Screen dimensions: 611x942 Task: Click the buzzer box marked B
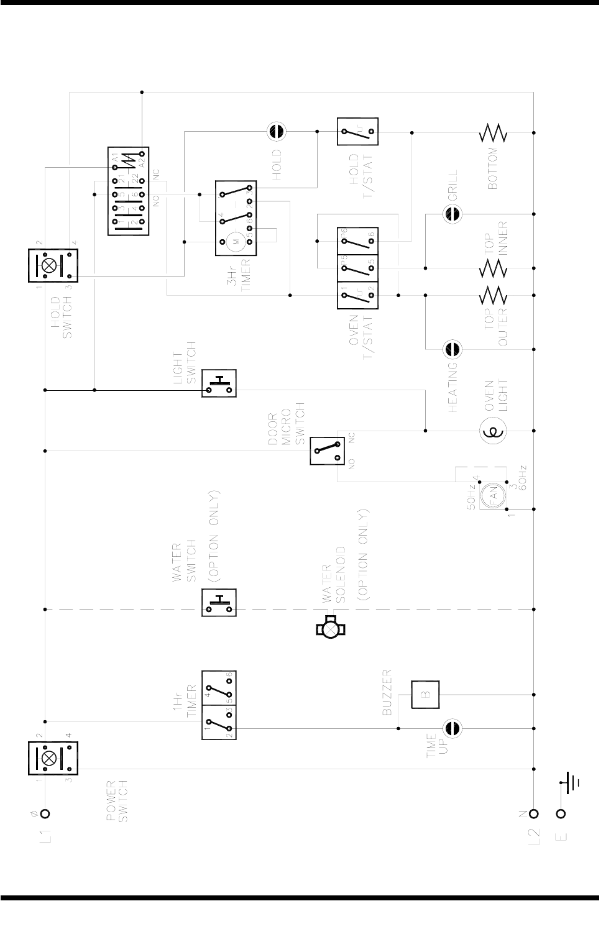pos(425,695)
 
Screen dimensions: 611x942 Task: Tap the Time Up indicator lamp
pos(452,728)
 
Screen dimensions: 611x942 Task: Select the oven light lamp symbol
pos(494,431)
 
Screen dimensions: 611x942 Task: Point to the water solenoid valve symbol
pos(331,629)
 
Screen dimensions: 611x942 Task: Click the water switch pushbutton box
pos(219,603)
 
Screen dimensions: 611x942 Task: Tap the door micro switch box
pos(327,450)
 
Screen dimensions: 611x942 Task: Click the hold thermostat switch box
pos(357,132)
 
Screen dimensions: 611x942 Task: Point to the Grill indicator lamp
pos(452,214)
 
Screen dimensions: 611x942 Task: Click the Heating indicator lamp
pos(452,349)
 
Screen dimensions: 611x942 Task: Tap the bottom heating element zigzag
pos(494,132)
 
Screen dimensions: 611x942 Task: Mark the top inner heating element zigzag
pos(494,268)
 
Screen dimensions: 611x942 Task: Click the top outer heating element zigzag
pos(494,295)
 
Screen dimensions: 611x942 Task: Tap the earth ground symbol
pos(571,782)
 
